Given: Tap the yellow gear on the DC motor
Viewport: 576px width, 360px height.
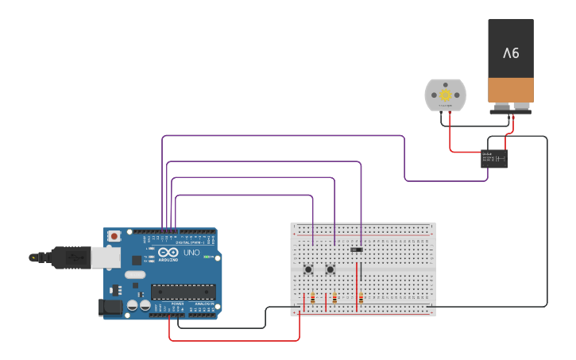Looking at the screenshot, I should (x=444, y=95).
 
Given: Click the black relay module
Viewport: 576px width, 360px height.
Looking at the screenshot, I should (x=494, y=159).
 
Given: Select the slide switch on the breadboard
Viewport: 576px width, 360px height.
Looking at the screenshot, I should (x=357, y=250).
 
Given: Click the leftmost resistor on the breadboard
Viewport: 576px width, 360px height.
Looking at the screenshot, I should (x=312, y=299).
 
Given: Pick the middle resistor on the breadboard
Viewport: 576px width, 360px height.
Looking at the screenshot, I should (x=334, y=299).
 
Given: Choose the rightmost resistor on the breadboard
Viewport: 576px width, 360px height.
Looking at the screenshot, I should (x=362, y=299).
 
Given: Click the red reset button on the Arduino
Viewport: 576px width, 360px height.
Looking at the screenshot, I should (x=114, y=236).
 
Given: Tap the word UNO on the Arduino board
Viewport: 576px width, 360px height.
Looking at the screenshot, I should (x=191, y=253).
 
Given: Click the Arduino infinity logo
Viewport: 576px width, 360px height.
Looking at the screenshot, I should (x=168, y=253).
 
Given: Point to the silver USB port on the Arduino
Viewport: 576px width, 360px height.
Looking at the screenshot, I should (x=105, y=256).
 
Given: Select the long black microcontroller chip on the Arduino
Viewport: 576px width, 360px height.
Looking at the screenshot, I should (x=183, y=292).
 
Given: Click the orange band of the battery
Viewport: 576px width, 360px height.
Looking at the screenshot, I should (x=510, y=89).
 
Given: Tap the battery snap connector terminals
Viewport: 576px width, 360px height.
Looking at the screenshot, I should (x=510, y=107).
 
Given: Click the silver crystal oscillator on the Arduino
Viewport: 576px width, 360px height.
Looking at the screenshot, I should (x=136, y=275).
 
